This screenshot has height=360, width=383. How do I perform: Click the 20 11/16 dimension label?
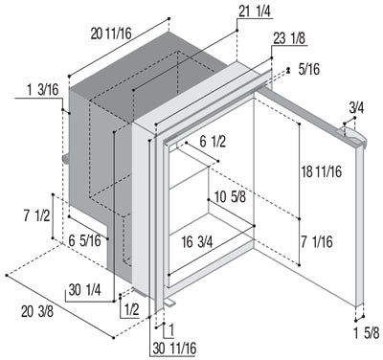(x=111, y=34)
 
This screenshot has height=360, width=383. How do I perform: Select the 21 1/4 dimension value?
(x=255, y=11)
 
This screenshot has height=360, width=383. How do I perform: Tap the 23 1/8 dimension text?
(x=289, y=39)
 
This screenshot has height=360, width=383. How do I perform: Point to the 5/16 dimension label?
(x=309, y=69)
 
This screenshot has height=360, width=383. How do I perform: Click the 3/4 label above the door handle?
(x=356, y=108)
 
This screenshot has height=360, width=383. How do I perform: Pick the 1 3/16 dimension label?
(x=43, y=90)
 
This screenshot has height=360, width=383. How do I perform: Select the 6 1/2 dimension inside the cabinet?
(x=213, y=142)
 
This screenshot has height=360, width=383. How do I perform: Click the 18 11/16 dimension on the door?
(x=322, y=171)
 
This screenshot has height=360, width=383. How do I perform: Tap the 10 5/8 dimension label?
(x=230, y=197)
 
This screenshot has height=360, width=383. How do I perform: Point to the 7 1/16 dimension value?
(x=317, y=241)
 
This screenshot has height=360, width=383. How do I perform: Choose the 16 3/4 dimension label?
(x=197, y=242)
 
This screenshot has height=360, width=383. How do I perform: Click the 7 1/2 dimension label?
(x=36, y=216)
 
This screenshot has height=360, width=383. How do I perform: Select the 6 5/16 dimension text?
(x=84, y=240)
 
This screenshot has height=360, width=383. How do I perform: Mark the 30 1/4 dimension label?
(x=84, y=290)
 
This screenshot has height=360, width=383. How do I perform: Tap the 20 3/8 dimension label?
(x=37, y=312)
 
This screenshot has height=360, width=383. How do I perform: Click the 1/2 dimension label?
(x=132, y=309)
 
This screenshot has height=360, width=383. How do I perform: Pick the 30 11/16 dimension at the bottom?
(x=174, y=349)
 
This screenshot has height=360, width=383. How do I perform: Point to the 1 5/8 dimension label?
(x=367, y=333)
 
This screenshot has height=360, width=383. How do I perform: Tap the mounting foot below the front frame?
(x=169, y=302)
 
